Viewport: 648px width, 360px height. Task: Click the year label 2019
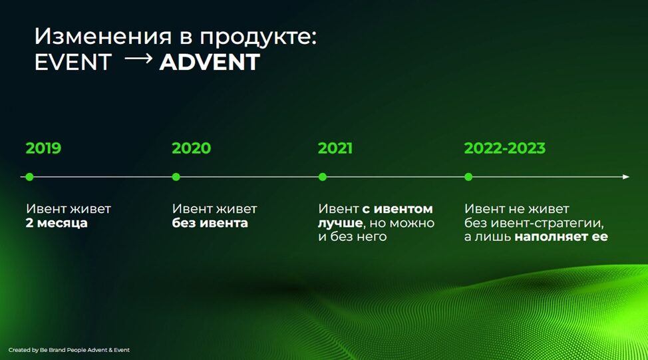43,148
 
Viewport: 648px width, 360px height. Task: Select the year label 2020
192,148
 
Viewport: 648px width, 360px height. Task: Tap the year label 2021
335,148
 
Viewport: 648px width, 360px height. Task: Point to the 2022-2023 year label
504,148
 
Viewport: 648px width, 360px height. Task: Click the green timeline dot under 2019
29,177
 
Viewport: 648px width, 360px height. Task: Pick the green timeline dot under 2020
176,177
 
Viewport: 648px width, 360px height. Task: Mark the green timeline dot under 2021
323,177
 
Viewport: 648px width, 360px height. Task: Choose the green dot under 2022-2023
468,177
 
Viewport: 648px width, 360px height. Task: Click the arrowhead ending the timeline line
626,177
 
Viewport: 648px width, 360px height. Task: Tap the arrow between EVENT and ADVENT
138,59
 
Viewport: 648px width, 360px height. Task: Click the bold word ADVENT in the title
210,62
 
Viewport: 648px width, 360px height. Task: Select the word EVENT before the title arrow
73,62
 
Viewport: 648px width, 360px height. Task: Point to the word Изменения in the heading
103,37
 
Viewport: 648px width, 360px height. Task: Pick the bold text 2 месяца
57,223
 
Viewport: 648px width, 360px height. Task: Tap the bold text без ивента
210,223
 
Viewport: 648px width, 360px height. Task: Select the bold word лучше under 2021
340,224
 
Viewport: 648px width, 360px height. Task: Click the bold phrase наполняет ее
562,237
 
